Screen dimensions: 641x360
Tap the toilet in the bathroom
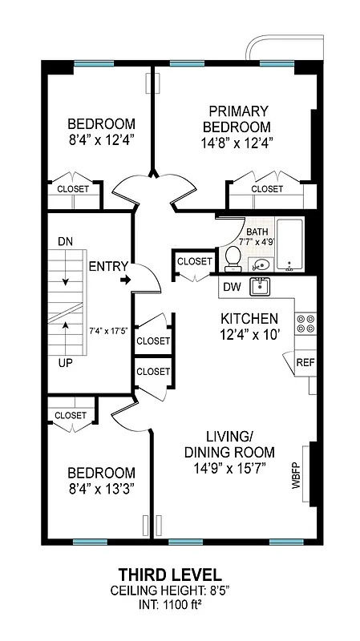pyautogui.click(x=233, y=257)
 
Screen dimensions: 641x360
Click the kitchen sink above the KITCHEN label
pyautogui.click(x=259, y=286)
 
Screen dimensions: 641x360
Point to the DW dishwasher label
pyautogui.click(x=231, y=287)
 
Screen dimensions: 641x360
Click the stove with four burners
pyautogui.click(x=305, y=323)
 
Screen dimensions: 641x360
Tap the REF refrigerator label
pyautogui.click(x=305, y=362)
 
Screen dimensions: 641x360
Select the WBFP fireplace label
pyautogui.click(x=295, y=480)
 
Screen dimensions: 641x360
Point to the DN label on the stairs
pyautogui.click(x=65, y=241)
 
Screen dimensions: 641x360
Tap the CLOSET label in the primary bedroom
pyautogui.click(x=267, y=189)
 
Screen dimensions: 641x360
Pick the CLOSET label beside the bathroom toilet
pyautogui.click(x=194, y=261)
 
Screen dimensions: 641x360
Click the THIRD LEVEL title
pyautogui.click(x=169, y=574)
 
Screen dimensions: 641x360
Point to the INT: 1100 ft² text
pyautogui.click(x=169, y=603)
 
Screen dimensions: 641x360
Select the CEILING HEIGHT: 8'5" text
pyautogui.click(x=169, y=590)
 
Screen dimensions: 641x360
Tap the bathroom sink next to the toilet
pyautogui.click(x=259, y=264)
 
